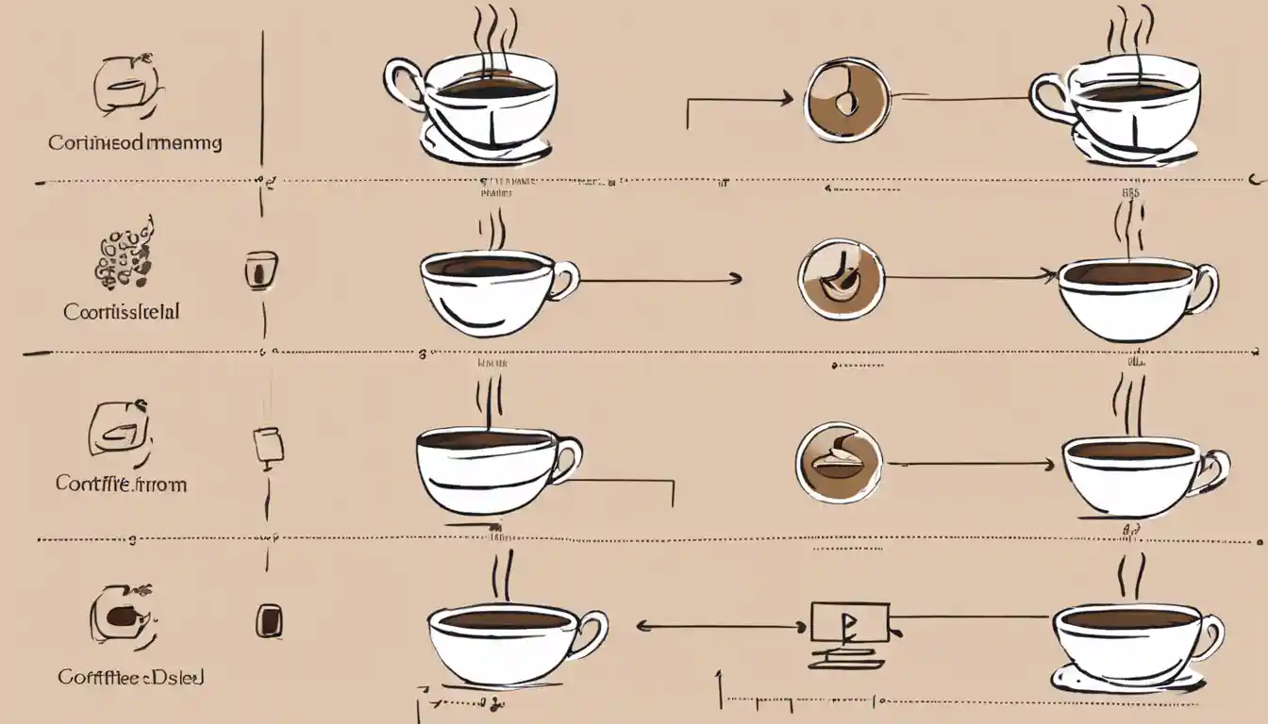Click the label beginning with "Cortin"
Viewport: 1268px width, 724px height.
(135, 143)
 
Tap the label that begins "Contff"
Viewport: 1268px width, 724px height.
(121, 484)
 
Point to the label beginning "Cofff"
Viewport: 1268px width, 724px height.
(131, 677)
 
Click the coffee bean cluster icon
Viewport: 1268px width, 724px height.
(124, 254)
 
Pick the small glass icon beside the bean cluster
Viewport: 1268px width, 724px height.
(260, 270)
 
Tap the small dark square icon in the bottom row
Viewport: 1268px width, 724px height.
(269, 620)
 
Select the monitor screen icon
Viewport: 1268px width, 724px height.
(849, 622)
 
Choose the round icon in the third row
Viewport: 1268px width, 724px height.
(838, 462)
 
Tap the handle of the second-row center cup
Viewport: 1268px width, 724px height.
(565, 280)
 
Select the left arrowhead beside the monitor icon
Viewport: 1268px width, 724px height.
(642, 624)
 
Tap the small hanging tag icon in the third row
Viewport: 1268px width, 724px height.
(267, 445)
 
